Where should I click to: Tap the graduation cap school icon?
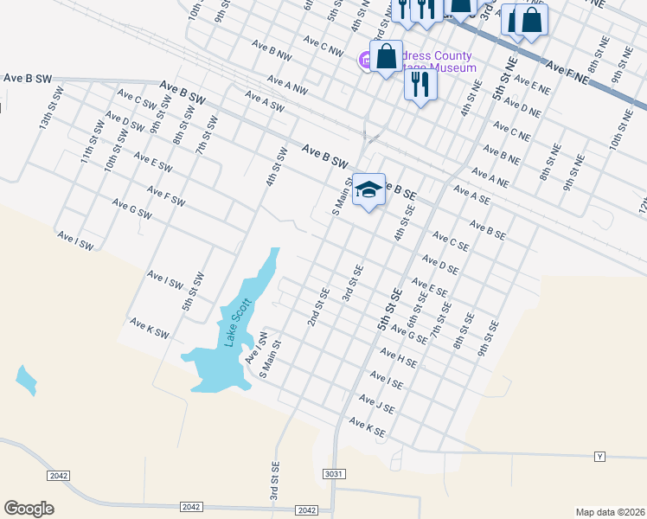pyautogui.click(x=368, y=190)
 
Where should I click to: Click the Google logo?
pyautogui.click(x=29, y=509)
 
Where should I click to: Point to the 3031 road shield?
pyautogui.click(x=335, y=474)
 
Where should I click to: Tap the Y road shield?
pyautogui.click(x=599, y=455)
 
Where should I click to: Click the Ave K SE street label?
pyautogui.click(x=367, y=426)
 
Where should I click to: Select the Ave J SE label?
pyautogui.click(x=377, y=403)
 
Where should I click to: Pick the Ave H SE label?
pyautogui.click(x=399, y=356)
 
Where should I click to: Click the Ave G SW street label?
pyautogui.click(x=131, y=208)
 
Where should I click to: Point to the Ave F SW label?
pyautogui.click(x=166, y=196)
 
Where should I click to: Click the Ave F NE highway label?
pyautogui.click(x=567, y=74)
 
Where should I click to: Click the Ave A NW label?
pyautogui.click(x=287, y=85)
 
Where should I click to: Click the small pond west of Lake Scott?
pyautogui.click(x=26, y=380)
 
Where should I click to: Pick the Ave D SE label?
pyautogui.click(x=439, y=264)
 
